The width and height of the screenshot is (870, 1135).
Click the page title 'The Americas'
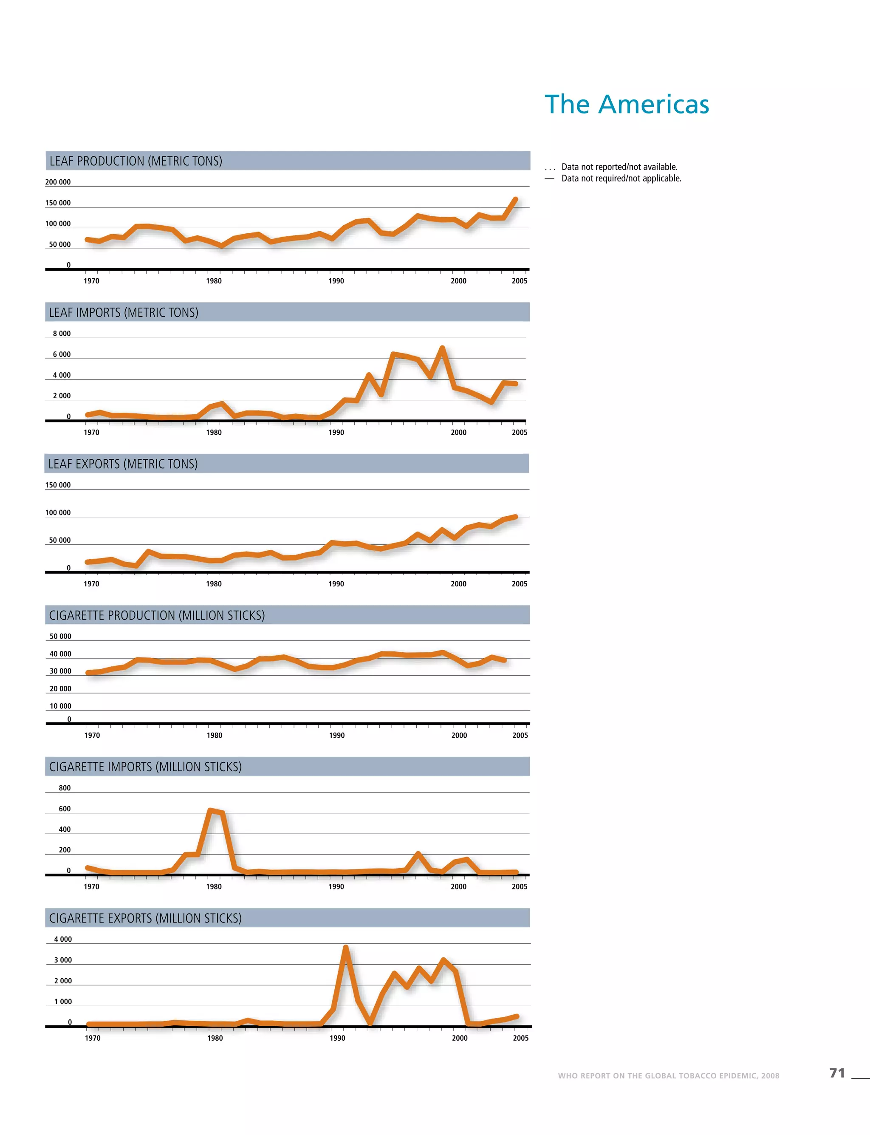click(x=627, y=104)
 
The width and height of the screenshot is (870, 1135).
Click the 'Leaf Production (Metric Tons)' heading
click(x=136, y=161)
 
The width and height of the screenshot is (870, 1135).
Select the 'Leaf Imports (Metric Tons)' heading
click(x=123, y=312)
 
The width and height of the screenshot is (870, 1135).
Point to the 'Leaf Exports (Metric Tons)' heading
click(x=123, y=464)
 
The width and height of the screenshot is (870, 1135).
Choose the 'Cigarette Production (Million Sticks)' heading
click(x=156, y=615)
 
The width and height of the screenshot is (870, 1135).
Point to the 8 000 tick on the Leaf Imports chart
click(x=62, y=334)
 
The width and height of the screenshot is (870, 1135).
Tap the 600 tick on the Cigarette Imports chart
click(x=64, y=809)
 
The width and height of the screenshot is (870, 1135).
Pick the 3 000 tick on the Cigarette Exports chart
click(x=63, y=960)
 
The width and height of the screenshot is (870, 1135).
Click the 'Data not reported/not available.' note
click(x=619, y=167)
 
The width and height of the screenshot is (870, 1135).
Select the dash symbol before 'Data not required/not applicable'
click(x=549, y=178)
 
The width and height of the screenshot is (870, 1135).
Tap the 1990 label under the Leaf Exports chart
click(x=336, y=584)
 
